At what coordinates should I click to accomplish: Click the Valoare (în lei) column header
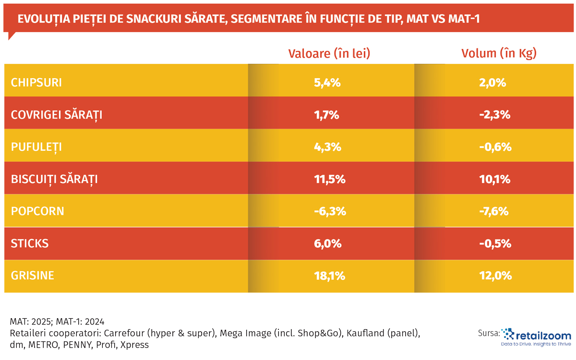click(x=329, y=53)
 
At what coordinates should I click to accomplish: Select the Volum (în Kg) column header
click(x=499, y=53)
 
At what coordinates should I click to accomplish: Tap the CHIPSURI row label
click(x=36, y=83)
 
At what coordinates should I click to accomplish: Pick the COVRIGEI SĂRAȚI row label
click(x=56, y=115)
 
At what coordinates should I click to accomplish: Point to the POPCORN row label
click(x=37, y=211)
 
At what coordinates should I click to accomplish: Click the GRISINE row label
click(x=32, y=276)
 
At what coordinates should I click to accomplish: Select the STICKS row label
click(x=29, y=243)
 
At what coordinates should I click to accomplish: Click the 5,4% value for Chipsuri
click(x=327, y=83)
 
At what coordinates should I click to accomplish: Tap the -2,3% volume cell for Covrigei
click(x=494, y=115)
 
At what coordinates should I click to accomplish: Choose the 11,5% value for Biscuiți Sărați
click(x=328, y=179)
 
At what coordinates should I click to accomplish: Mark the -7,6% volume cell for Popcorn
click(x=494, y=211)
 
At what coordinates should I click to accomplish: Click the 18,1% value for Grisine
click(x=328, y=276)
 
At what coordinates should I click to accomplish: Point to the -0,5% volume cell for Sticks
click(x=494, y=243)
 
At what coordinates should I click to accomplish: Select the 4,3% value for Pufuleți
click(x=327, y=147)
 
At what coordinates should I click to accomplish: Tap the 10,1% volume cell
click(x=494, y=179)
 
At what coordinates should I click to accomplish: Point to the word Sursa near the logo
click(x=489, y=334)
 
